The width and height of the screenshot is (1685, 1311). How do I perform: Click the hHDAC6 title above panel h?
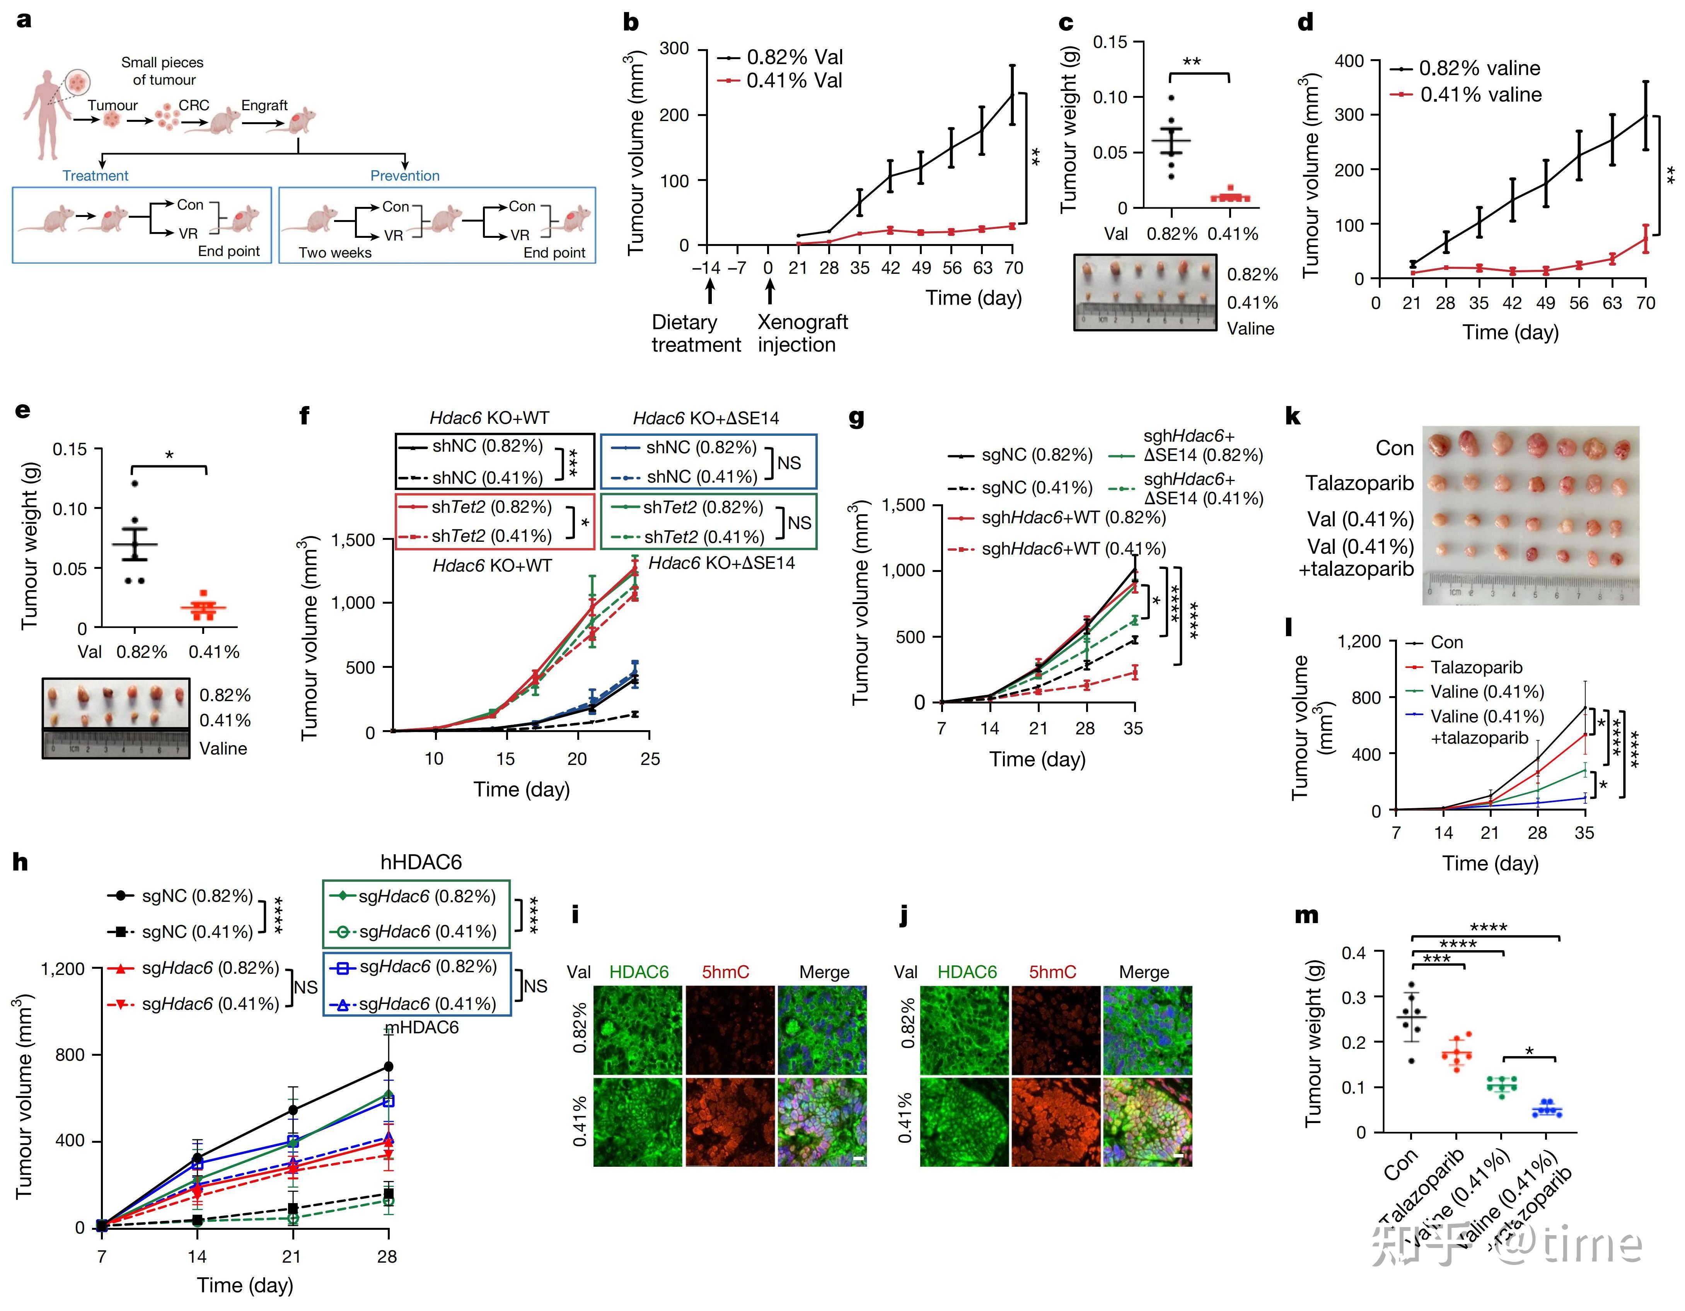point(421,862)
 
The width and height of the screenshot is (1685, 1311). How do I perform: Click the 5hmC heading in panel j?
point(1052,972)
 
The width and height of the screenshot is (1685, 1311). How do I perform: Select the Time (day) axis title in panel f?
point(522,789)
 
